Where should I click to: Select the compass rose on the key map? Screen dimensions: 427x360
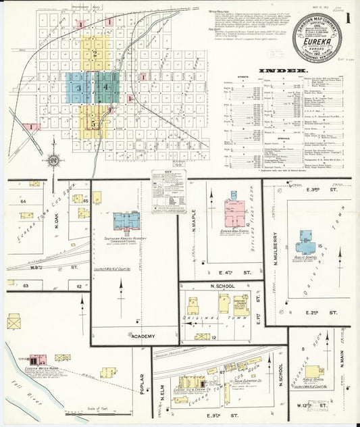click(x=53, y=161)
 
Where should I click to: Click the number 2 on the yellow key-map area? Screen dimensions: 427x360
click(x=95, y=54)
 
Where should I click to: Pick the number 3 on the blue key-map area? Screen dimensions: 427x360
click(x=79, y=88)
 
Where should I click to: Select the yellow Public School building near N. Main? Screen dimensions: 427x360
click(x=313, y=372)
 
